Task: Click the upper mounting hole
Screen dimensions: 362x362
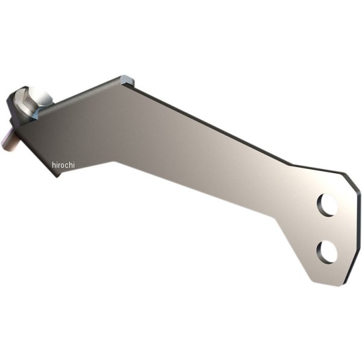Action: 328,206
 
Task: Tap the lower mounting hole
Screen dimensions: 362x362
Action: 326,251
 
